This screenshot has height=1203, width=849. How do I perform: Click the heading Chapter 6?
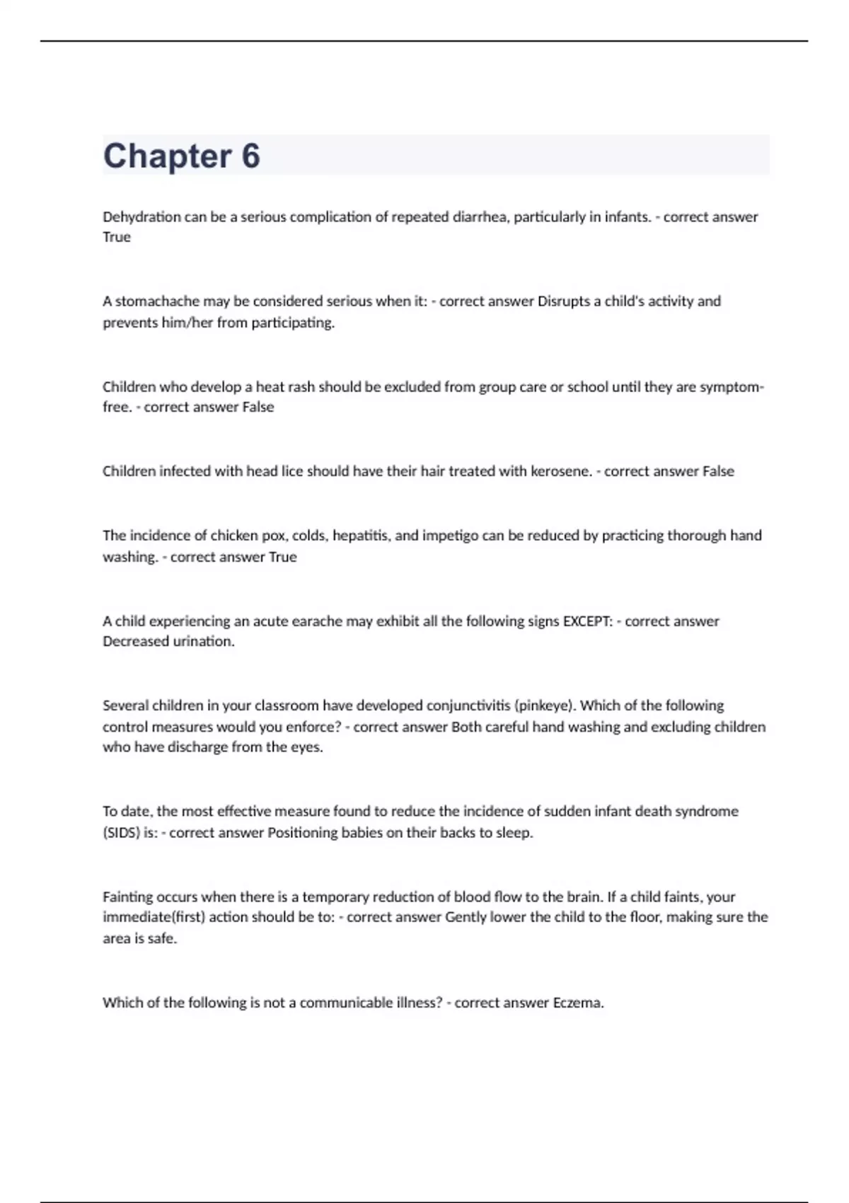181,156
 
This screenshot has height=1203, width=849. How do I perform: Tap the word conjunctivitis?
433,706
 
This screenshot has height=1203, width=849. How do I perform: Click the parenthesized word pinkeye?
544,706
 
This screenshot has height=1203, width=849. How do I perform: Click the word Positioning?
302,833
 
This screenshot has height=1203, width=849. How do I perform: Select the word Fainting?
127,897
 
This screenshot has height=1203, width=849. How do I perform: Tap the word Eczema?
578,1003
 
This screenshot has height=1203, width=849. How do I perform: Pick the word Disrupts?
564,301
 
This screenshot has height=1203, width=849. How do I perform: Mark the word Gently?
466,917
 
